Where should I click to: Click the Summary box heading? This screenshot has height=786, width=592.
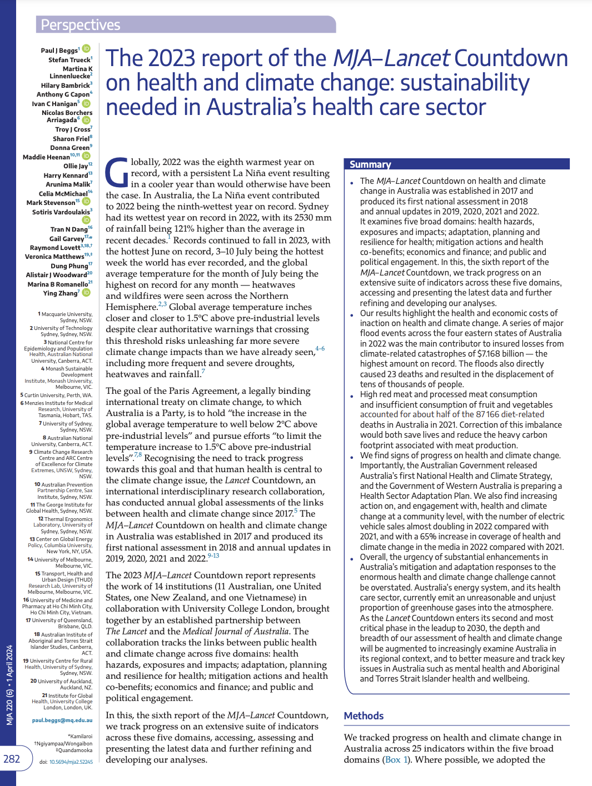point(370,164)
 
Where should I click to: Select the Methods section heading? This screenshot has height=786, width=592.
point(364,716)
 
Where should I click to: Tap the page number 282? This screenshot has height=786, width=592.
point(12,759)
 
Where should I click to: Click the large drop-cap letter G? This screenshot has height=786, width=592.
point(117,172)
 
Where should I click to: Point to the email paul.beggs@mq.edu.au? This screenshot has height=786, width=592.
point(62,720)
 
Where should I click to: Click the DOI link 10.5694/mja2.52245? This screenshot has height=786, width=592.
point(71,762)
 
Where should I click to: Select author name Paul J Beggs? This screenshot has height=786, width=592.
point(59,51)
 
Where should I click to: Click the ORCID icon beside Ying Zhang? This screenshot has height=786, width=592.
point(87,293)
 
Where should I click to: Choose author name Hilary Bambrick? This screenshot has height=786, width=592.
point(65,86)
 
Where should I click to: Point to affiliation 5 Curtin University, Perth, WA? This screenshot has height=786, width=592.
point(56,395)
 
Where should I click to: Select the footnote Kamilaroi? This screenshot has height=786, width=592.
point(80,736)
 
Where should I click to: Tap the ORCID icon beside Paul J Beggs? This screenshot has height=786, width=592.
point(87,50)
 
